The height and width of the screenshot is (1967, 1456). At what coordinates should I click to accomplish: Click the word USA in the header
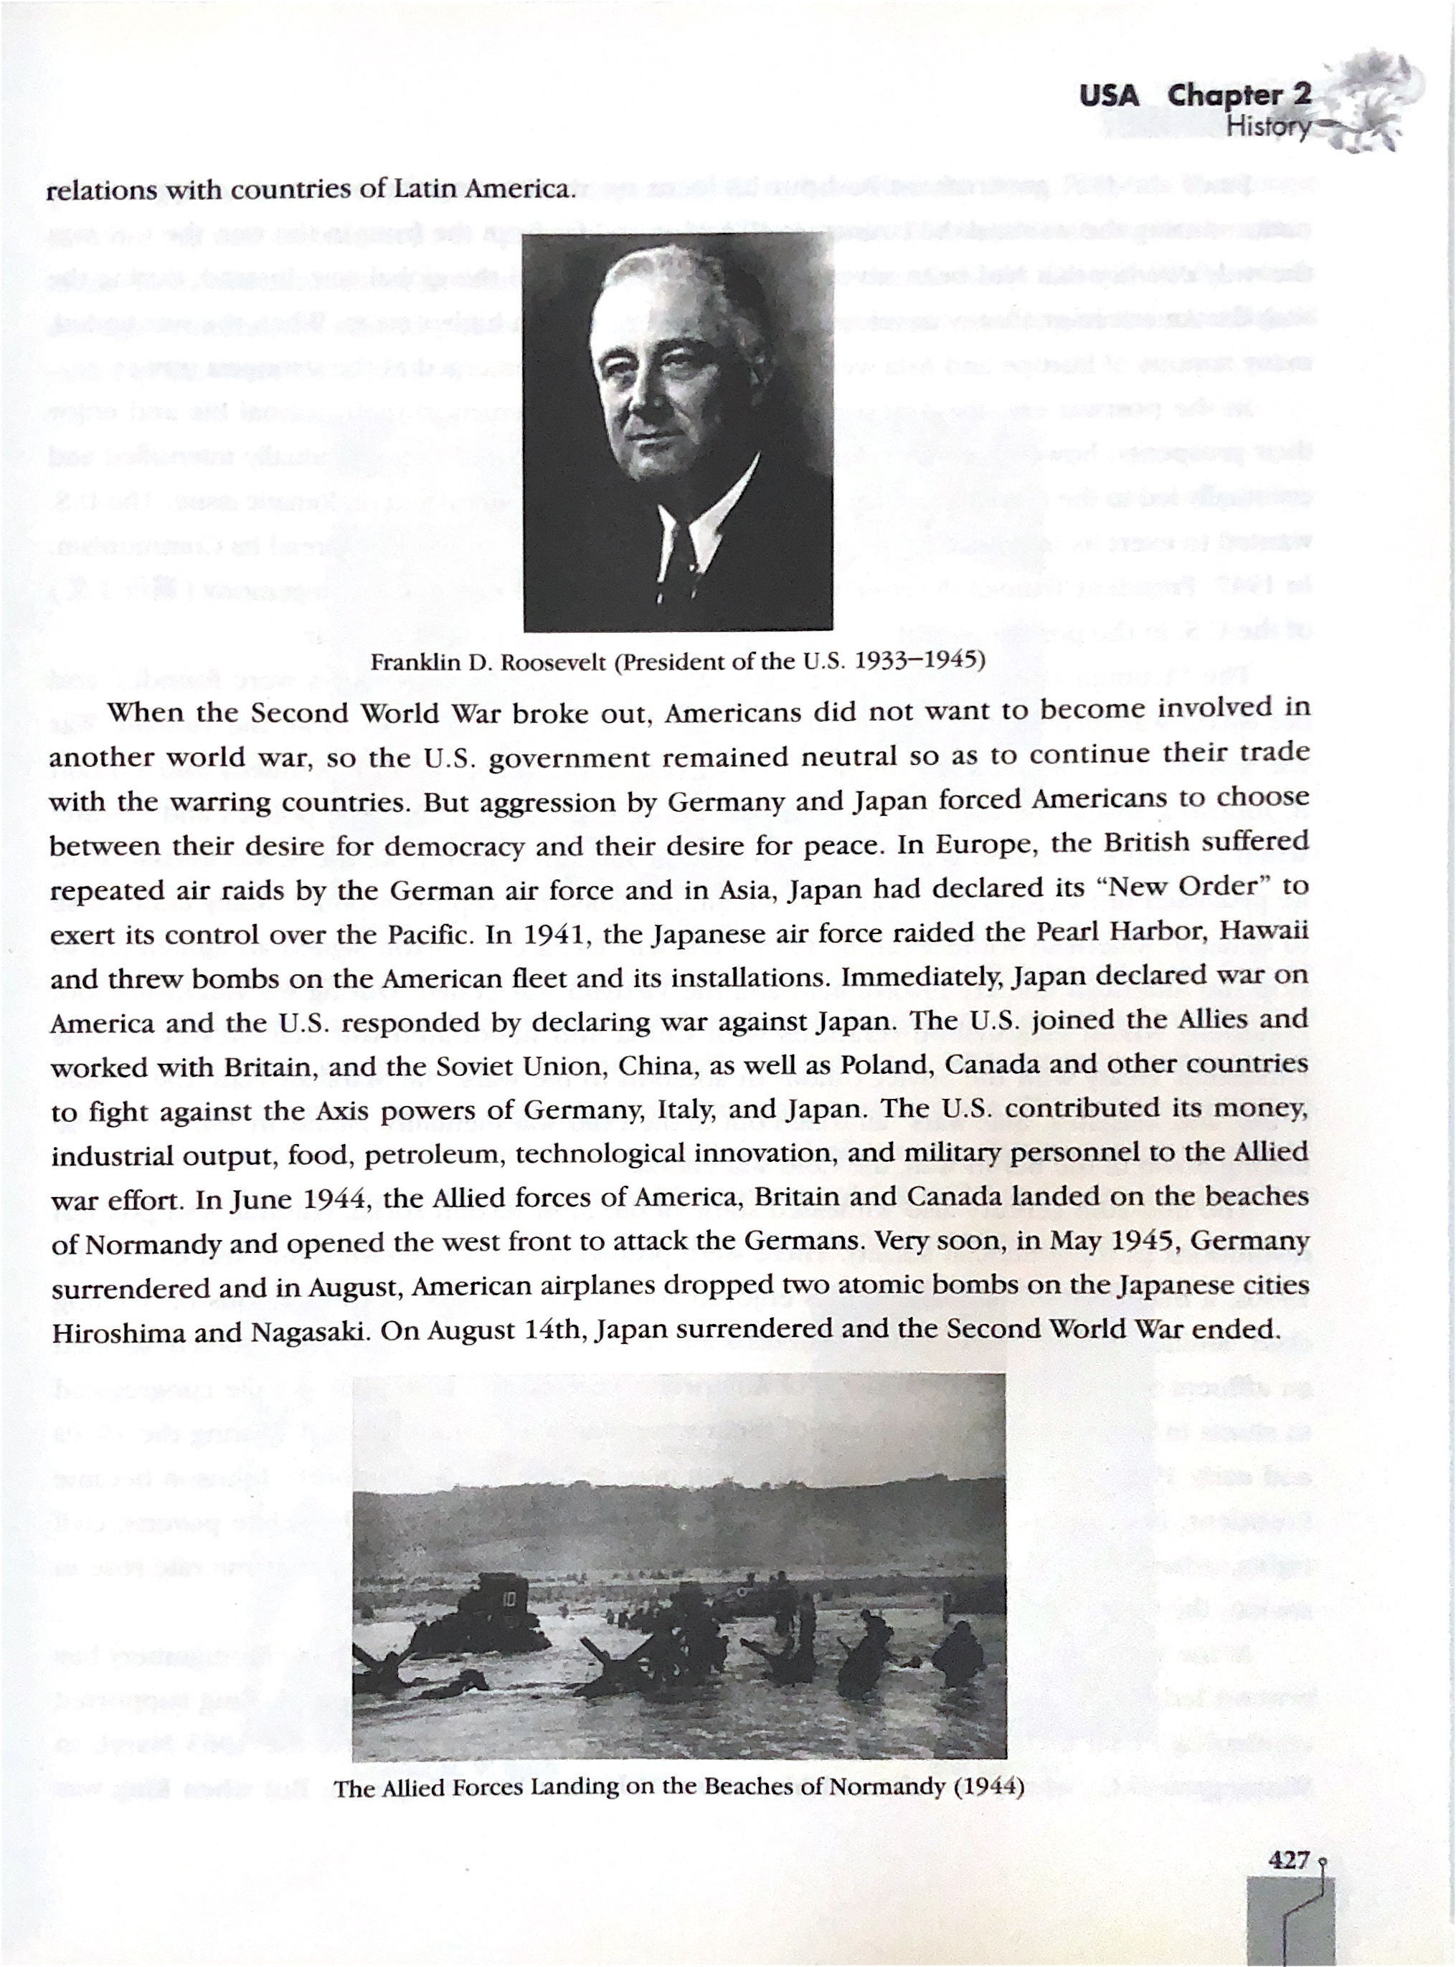click(1109, 95)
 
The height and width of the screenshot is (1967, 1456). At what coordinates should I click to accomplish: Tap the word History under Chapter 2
click(1269, 127)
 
